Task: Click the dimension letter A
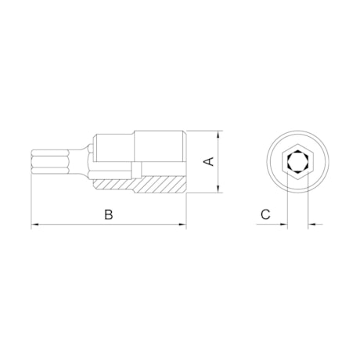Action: tap(209, 161)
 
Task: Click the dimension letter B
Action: tap(108, 214)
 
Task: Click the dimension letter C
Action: tap(265, 214)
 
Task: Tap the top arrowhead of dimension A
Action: tap(218, 135)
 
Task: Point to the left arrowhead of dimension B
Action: tap(35, 224)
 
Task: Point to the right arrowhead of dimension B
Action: tap(182, 224)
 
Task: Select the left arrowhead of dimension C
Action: tap(283, 224)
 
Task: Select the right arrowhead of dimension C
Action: tap(312, 224)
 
